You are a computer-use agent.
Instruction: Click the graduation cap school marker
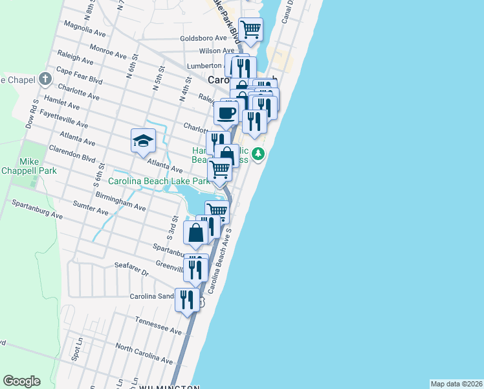point(144,140)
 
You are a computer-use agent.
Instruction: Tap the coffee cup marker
point(226,113)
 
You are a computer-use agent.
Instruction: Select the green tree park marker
point(258,154)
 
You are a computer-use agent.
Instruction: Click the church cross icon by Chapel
point(45,80)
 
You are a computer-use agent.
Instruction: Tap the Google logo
point(21,381)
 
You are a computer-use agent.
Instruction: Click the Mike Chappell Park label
point(38,166)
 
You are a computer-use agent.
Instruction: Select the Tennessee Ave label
point(158,325)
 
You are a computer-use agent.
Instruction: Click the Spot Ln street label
point(78,348)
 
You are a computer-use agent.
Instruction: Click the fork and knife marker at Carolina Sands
point(187,300)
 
